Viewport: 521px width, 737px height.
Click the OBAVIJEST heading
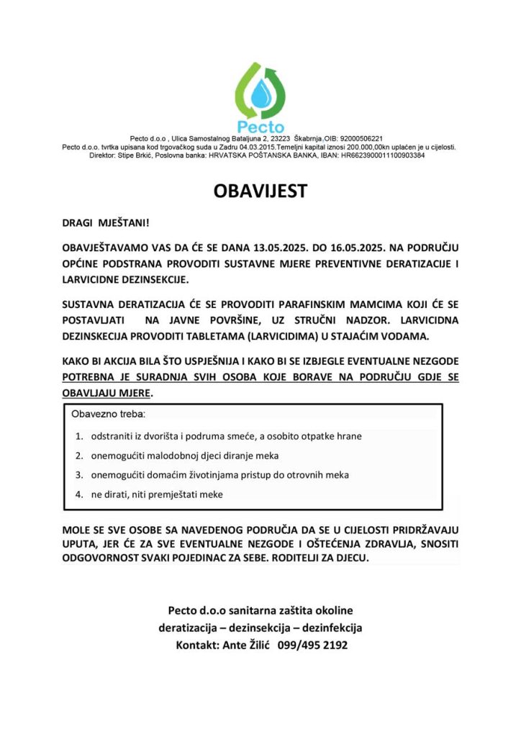[x=260, y=191]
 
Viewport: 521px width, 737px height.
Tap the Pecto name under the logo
[x=260, y=125]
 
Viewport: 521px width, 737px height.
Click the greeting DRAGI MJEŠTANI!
[x=104, y=224]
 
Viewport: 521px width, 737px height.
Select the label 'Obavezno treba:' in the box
[x=108, y=415]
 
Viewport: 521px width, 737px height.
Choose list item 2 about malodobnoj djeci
[x=184, y=456]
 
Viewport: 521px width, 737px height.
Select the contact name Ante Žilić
[x=243, y=646]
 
